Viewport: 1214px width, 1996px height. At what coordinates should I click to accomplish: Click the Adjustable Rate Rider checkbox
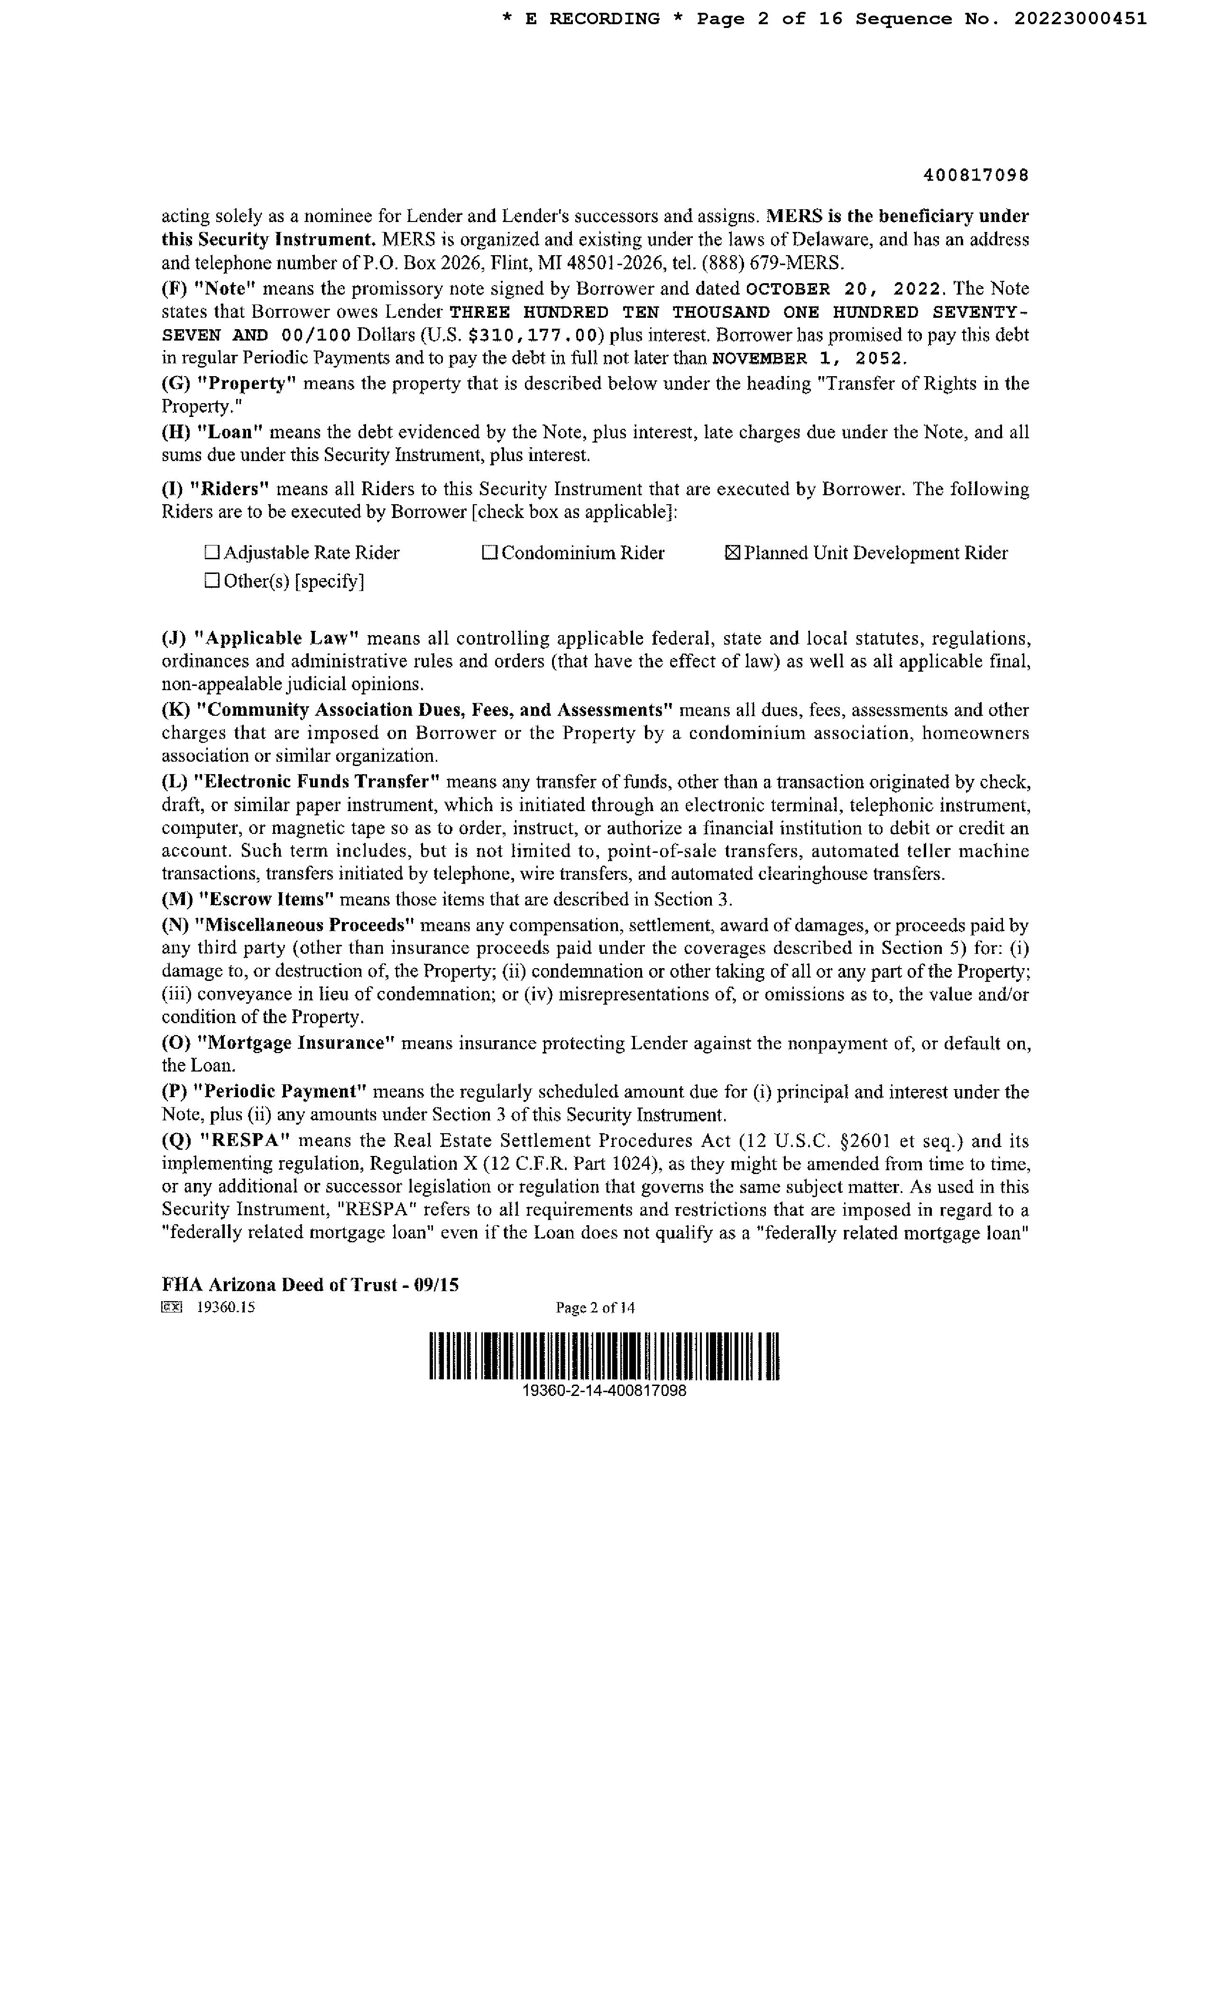pos(212,553)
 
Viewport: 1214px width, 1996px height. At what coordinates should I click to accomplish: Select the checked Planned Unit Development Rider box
pos(732,553)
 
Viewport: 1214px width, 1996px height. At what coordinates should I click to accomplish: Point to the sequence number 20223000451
pos(1080,18)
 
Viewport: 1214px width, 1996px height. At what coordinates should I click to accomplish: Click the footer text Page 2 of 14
pos(595,1307)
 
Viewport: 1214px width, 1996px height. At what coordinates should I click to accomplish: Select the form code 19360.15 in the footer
pos(226,1307)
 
